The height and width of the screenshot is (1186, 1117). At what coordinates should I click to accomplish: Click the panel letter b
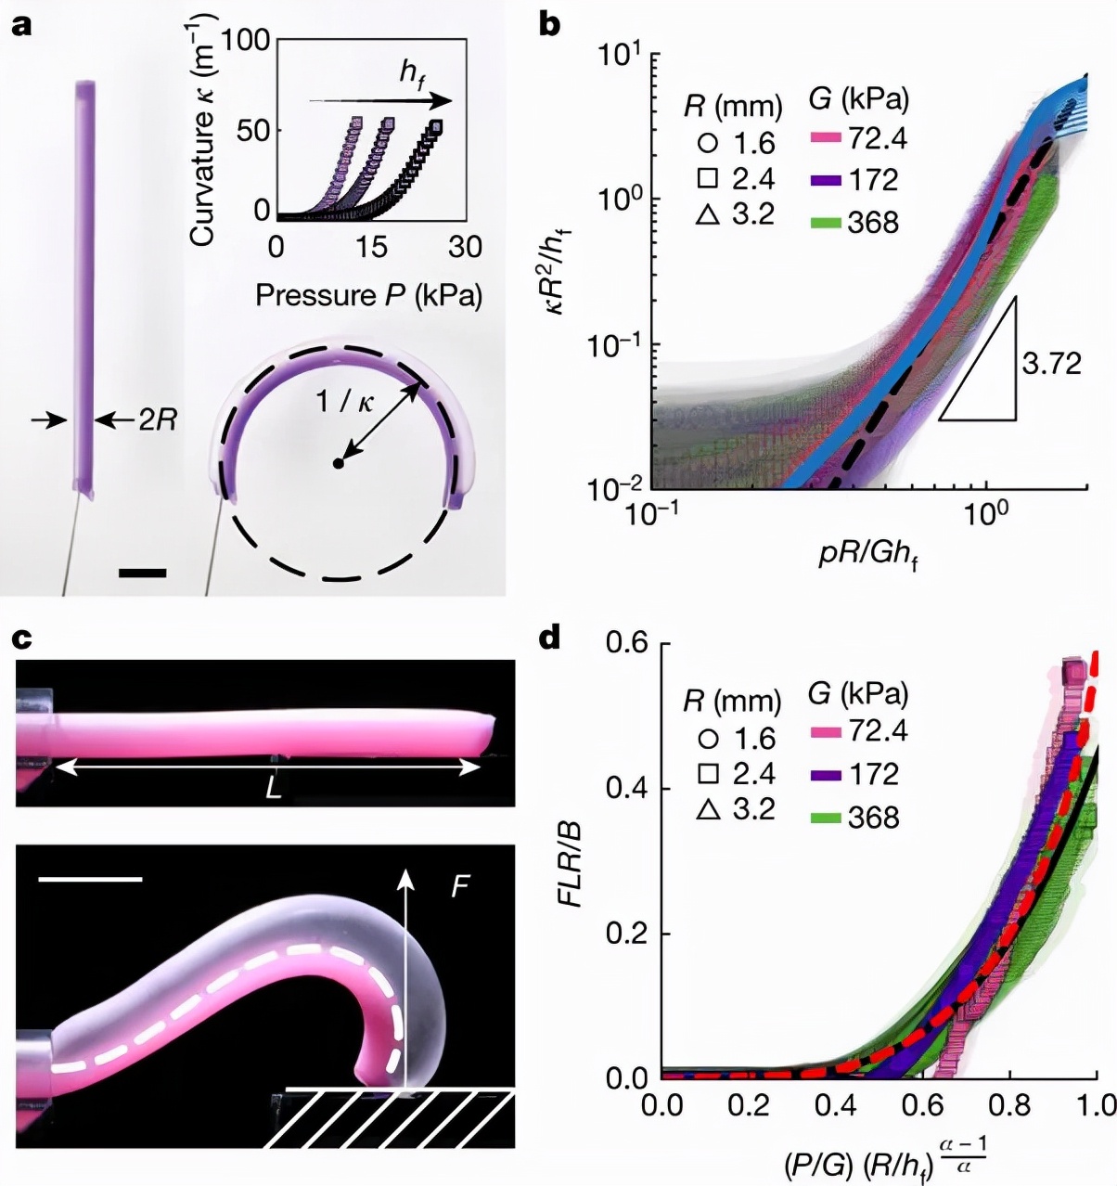549,24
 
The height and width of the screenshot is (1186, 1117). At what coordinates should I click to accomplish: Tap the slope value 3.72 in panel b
1052,363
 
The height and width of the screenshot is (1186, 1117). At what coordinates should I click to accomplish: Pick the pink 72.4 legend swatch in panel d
826,732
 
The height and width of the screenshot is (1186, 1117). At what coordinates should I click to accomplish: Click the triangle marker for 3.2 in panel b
708,214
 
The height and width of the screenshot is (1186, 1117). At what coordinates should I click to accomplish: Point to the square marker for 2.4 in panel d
708,773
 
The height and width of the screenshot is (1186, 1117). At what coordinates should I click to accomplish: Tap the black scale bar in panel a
143,573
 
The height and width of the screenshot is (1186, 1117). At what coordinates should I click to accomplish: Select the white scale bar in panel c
91,878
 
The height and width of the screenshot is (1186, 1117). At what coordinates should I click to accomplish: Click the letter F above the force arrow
459,887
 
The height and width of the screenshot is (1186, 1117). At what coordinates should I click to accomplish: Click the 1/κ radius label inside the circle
346,401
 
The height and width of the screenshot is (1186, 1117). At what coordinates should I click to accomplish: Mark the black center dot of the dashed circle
340,462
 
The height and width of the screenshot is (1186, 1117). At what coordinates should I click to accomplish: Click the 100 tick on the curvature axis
246,40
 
